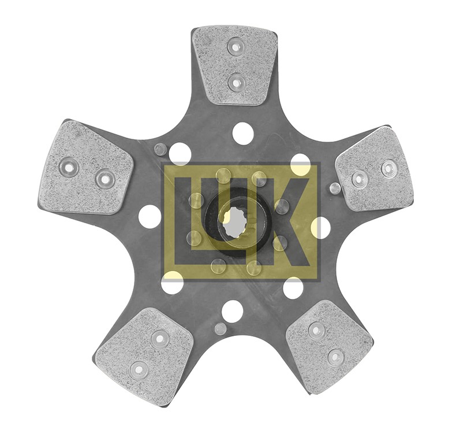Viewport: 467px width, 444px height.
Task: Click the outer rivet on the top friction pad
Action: [x=236, y=46]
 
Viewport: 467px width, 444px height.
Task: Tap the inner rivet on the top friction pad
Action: [x=236, y=82]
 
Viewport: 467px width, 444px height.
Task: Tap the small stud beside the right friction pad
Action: [x=335, y=188]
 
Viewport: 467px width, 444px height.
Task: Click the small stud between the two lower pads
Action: [x=220, y=328]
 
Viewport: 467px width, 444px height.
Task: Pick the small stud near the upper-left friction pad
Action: [x=160, y=149]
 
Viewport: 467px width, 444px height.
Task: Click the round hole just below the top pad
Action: [x=242, y=132]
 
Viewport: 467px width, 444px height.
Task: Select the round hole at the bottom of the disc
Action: [x=231, y=310]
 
